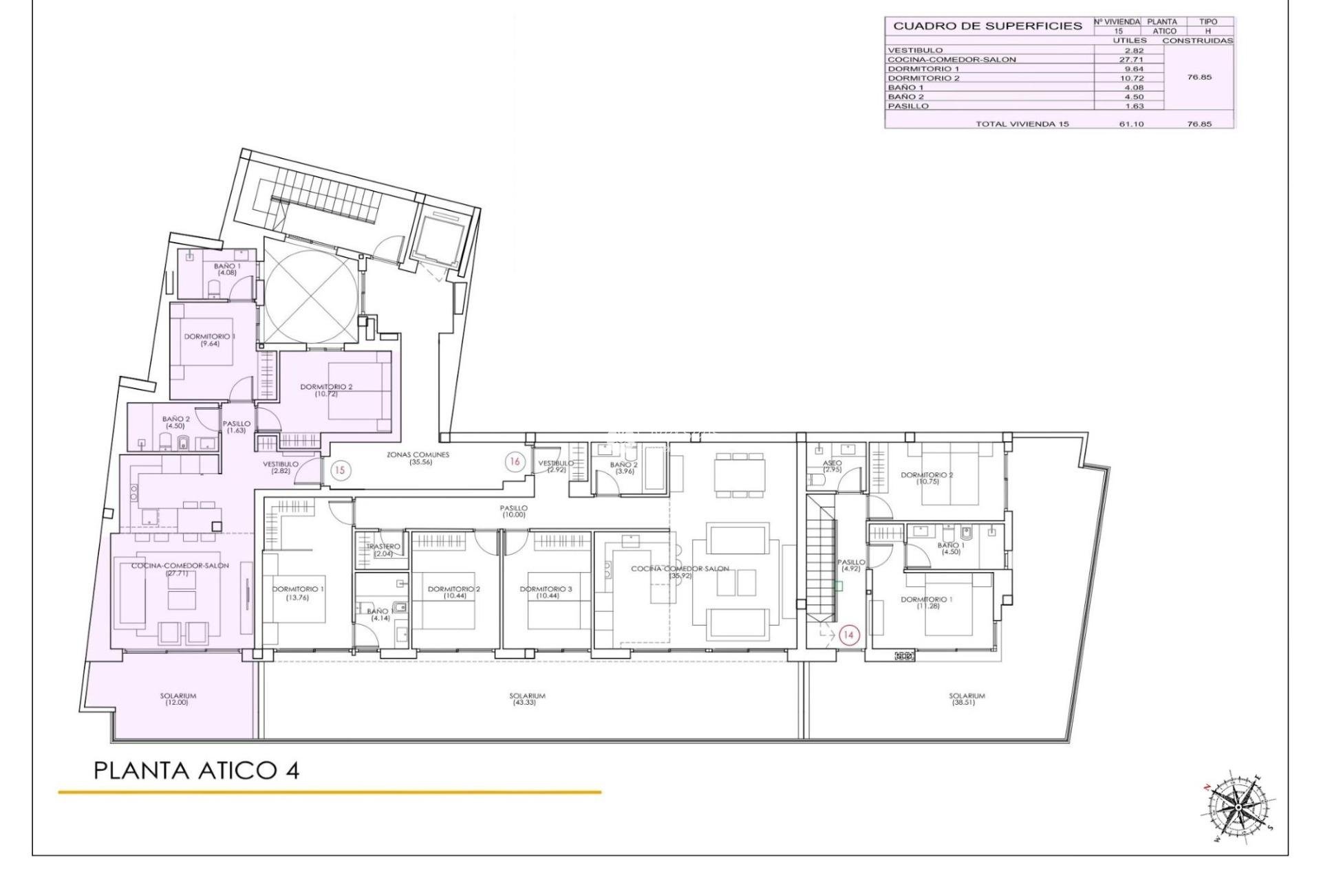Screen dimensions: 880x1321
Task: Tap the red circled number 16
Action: pyautogui.click(x=515, y=462)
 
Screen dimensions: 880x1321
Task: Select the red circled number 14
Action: pyautogui.click(x=848, y=635)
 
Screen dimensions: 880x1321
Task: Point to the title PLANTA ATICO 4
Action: pyautogui.click(x=196, y=771)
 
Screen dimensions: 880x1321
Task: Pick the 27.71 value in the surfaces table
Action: pyautogui.click(x=1130, y=60)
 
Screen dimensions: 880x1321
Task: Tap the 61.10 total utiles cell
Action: pyautogui.click(x=1130, y=124)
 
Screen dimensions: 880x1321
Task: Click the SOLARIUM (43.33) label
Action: pyautogui.click(x=528, y=698)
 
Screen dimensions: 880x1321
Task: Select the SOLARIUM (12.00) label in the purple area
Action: pyautogui.click(x=178, y=698)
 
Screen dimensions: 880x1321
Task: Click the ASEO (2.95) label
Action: pyautogui.click(x=833, y=466)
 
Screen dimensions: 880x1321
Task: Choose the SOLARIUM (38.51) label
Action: pyautogui.click(x=967, y=698)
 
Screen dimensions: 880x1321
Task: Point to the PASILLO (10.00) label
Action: pyautogui.click(x=514, y=511)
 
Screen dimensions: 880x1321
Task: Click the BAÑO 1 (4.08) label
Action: pyautogui.click(x=227, y=269)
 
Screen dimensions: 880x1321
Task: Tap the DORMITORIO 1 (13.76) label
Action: pyautogui.click(x=298, y=593)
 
